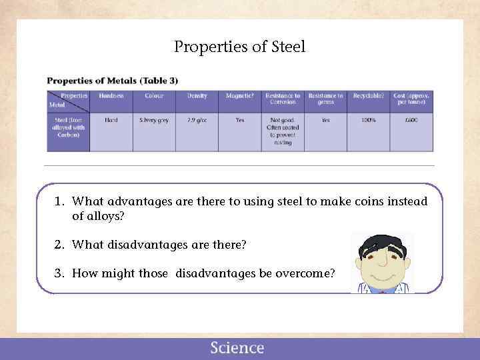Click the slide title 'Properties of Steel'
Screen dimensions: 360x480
point(239,47)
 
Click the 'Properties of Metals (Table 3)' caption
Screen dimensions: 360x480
point(112,81)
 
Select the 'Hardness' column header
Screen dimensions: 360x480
point(111,96)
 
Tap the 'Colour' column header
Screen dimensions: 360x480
point(154,96)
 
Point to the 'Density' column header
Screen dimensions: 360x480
point(197,96)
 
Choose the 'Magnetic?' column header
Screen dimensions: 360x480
point(239,96)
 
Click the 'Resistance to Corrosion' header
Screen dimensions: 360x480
point(283,99)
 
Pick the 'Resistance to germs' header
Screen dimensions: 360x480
point(325,99)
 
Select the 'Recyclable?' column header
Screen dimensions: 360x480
point(369,96)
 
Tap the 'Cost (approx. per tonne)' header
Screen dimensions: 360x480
point(411,99)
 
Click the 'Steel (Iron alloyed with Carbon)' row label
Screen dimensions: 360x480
point(68,127)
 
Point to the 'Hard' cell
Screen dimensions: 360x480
point(111,120)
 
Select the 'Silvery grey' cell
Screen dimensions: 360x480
point(154,120)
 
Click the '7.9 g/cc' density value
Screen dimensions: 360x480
point(197,120)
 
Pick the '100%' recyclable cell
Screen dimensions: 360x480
point(369,120)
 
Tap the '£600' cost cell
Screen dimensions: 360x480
point(411,120)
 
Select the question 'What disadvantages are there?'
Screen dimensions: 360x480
point(159,245)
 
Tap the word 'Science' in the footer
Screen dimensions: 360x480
point(237,348)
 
